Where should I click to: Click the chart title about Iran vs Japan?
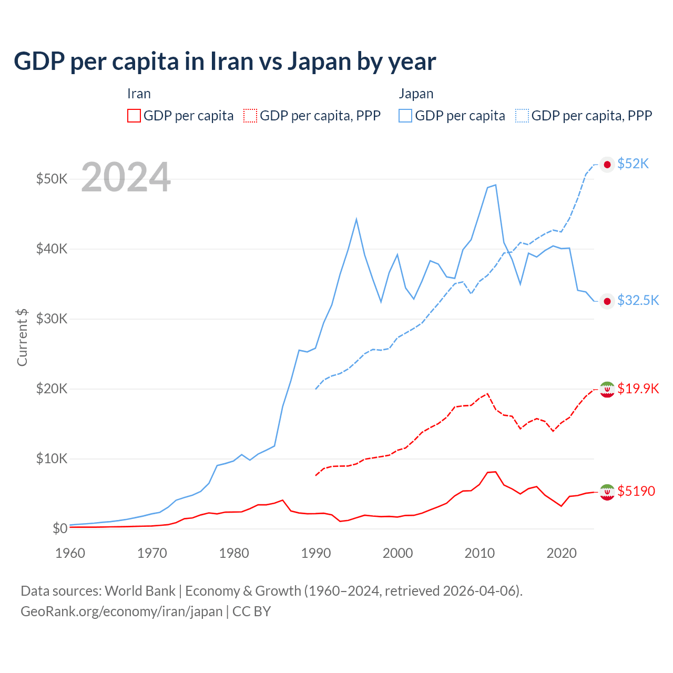coord(225,62)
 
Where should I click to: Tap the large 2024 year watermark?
coord(126,178)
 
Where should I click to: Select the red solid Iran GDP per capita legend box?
coord(134,116)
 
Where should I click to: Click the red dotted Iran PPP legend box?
coord(250,116)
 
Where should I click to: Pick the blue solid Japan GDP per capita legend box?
coord(405,116)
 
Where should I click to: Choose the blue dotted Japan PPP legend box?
coord(522,116)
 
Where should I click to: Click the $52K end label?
coord(633,164)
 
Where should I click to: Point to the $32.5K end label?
coord(638,300)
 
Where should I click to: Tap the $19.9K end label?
coord(638,389)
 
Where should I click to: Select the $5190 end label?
coord(636,491)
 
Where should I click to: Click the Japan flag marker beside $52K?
coord(607,165)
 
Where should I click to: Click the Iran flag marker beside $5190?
coord(607,492)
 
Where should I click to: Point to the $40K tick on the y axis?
coord(52,249)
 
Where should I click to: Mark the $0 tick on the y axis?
coord(59,528)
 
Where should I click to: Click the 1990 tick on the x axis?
coord(316,553)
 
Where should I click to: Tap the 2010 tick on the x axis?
coord(480,553)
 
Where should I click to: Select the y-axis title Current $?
coord(22,337)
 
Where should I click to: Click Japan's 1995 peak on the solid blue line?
coord(356,219)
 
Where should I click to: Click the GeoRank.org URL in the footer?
coord(121,611)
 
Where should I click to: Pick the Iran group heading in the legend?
coord(139,94)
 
